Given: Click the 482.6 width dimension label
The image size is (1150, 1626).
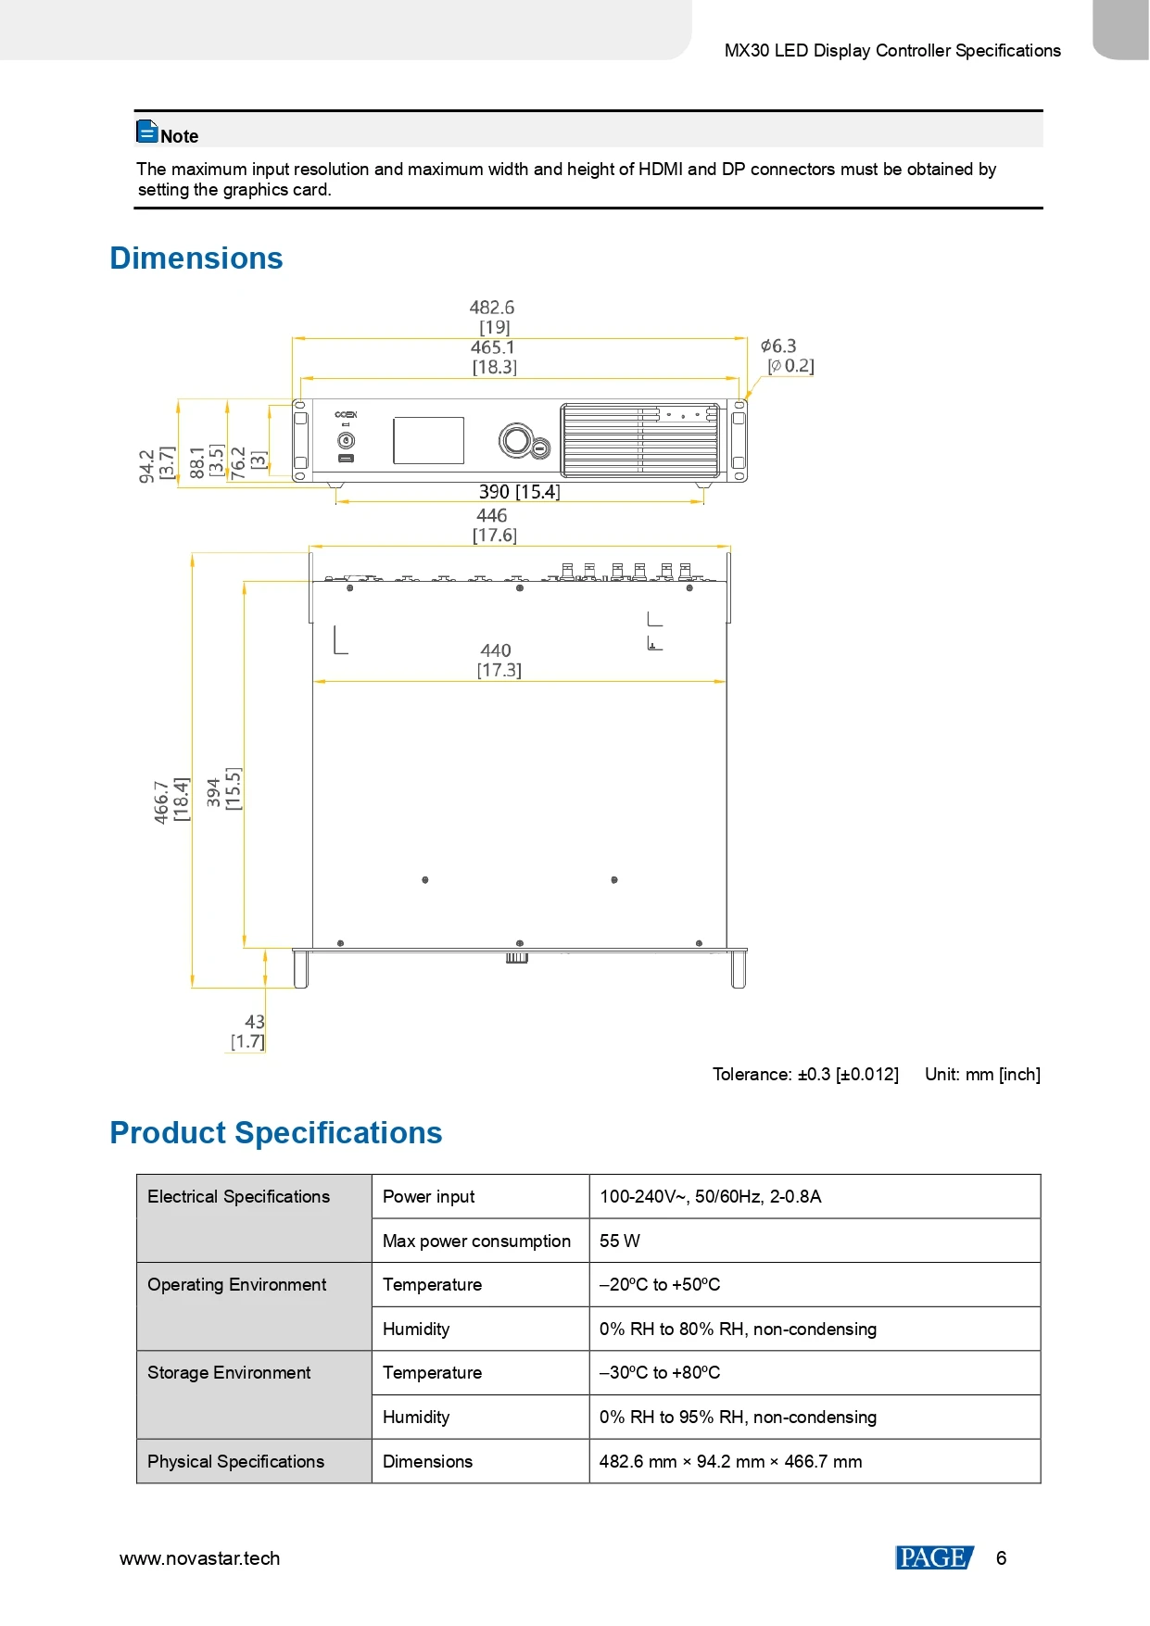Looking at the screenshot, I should pyautogui.click(x=491, y=308).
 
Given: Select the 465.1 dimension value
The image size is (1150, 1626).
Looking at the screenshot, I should pyautogui.click(x=492, y=347).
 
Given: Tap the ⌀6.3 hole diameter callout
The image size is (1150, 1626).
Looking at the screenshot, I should pyautogui.click(x=778, y=347).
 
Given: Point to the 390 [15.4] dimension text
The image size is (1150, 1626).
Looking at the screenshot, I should pyautogui.click(x=519, y=492).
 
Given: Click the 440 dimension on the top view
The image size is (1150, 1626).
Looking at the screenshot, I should pyautogui.click(x=496, y=651).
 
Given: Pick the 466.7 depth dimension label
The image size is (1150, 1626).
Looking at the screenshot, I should pyautogui.click(x=162, y=801).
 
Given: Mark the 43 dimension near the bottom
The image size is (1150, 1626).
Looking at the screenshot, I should pyautogui.click(x=254, y=1022).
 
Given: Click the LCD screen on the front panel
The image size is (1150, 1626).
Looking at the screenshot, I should pyautogui.click(x=428, y=440).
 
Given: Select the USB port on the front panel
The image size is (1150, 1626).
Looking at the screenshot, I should pyautogui.click(x=346, y=459).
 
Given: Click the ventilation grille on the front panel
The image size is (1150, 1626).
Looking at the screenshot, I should pyautogui.click(x=639, y=440).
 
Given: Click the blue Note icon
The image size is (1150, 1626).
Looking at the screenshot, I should pyautogui.click(x=146, y=132).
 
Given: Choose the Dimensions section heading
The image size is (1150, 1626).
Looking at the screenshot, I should pyautogui.click(x=196, y=258).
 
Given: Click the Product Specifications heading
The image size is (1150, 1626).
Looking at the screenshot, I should pyautogui.click(x=276, y=1133).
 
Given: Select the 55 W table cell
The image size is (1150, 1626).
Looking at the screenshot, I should pyautogui.click(x=620, y=1241).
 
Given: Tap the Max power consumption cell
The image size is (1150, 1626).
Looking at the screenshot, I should pyautogui.click(x=476, y=1241).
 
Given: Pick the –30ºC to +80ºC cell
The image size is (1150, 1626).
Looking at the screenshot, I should pyautogui.click(x=660, y=1373).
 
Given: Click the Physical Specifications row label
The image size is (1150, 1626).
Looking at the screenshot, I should pyautogui.click(x=236, y=1461).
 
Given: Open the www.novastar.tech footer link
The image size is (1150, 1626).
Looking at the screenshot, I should pyautogui.click(x=200, y=1558).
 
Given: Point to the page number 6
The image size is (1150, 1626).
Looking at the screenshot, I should pyautogui.click(x=1001, y=1558).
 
